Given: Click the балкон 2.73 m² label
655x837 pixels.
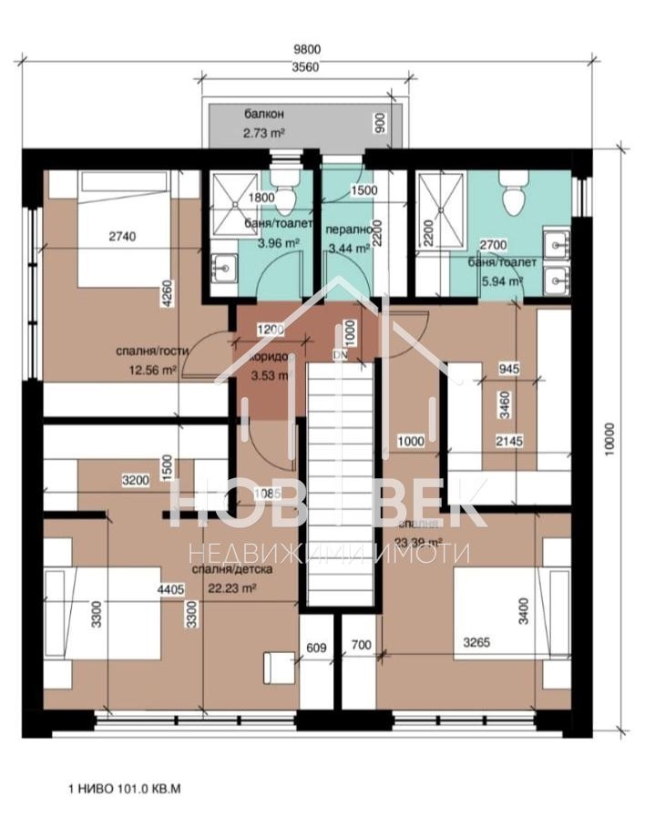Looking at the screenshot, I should [264, 124].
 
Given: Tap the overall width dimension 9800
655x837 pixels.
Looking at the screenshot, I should [308, 50].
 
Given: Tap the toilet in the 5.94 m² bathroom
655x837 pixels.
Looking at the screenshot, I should [513, 191].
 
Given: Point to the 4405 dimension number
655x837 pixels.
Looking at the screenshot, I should [173, 590].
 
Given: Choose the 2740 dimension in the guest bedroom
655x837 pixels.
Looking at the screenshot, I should [121, 238].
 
